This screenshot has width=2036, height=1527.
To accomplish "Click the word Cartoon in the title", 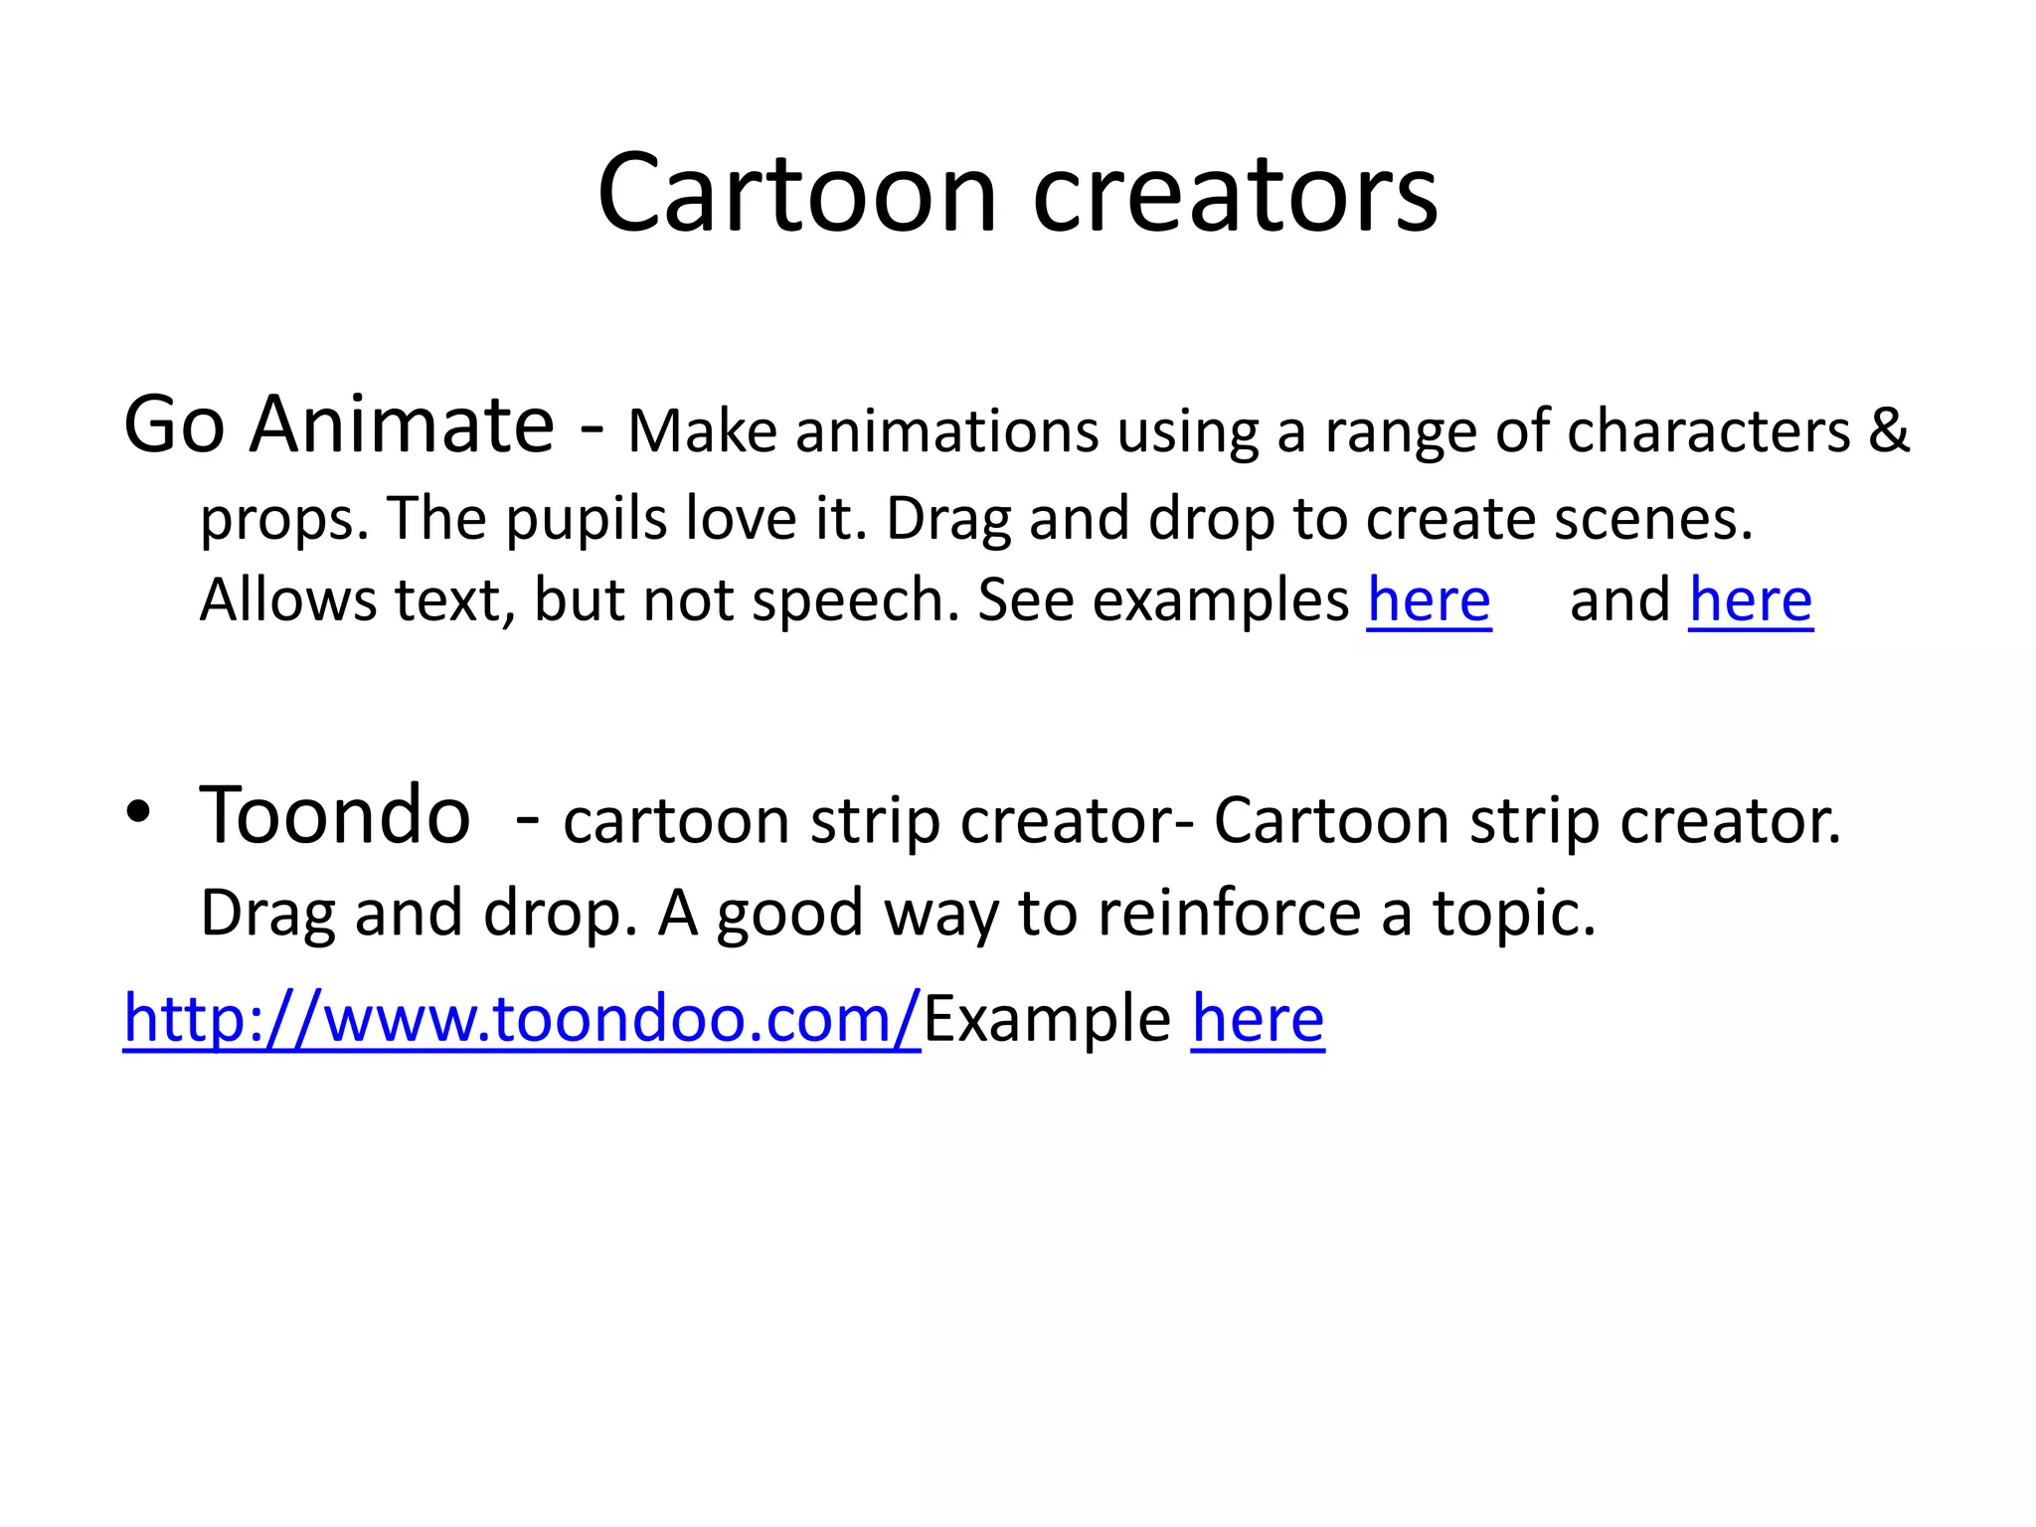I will tap(796, 194).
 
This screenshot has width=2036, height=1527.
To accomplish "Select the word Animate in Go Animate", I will tap(402, 425).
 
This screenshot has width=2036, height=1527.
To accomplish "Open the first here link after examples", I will tap(1429, 600).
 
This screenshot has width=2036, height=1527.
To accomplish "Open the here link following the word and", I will tap(1751, 600).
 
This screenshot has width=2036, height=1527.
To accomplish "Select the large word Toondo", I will tap(335, 814).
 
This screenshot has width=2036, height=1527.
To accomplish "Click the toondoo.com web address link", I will tap(522, 1019).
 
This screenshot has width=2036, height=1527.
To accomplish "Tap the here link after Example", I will tap(1258, 1019).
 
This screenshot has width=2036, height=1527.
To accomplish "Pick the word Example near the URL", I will tap(1047, 1019).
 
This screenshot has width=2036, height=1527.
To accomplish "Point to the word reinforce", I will tap(1229, 913).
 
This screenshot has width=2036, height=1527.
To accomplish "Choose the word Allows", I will tap(287, 600).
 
